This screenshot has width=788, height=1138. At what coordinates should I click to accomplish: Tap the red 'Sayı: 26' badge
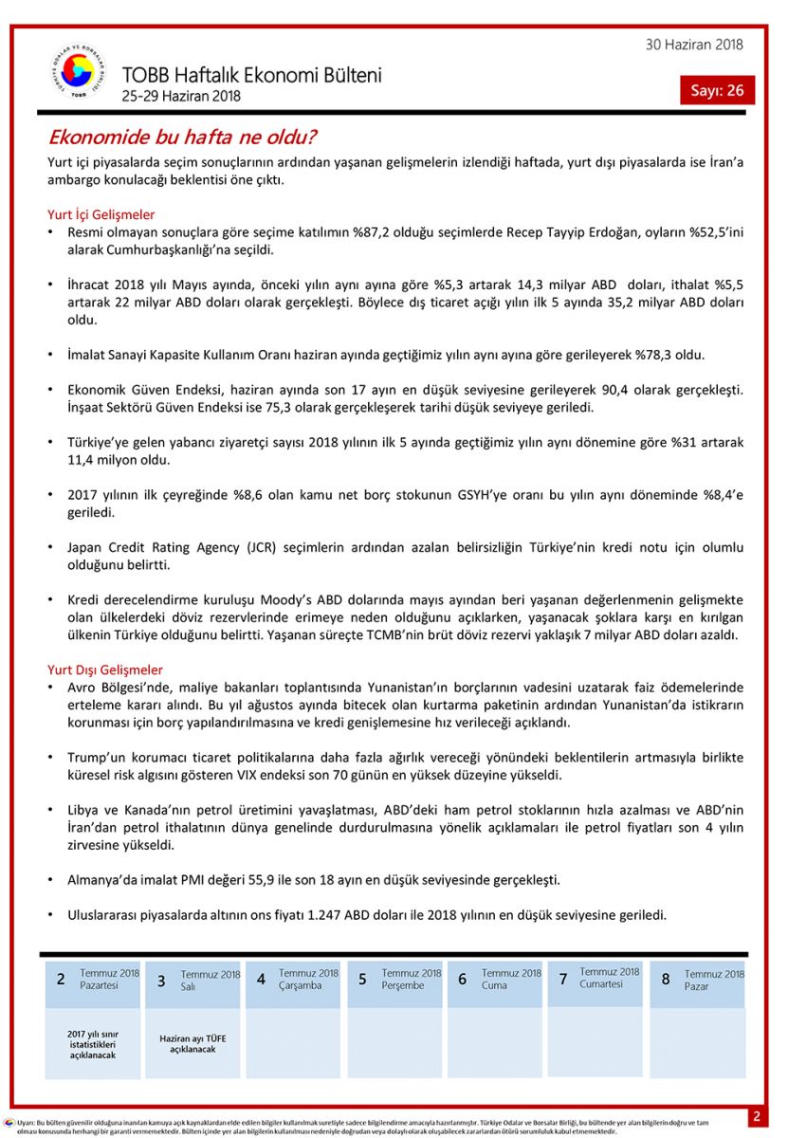pyautogui.click(x=717, y=91)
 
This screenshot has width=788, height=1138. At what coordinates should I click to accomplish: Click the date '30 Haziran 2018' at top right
pyautogui.click(x=694, y=45)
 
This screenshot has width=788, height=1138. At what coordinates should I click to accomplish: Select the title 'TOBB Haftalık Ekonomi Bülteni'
pyautogui.click(x=251, y=75)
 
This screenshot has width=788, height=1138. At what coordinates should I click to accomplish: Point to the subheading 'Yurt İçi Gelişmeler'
pyautogui.click(x=101, y=215)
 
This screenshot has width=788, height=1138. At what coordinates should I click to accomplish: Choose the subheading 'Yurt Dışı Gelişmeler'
pyautogui.click(x=105, y=670)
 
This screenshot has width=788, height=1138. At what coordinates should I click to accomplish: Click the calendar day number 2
pyautogui.click(x=61, y=980)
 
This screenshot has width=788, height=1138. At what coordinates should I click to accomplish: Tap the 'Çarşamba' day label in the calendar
pyautogui.click(x=301, y=985)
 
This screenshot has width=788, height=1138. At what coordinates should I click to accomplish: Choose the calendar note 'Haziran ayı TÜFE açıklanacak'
pyautogui.click(x=193, y=1043)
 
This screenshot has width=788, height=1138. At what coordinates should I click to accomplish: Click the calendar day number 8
pyautogui.click(x=666, y=980)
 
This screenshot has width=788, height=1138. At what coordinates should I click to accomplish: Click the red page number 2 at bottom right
pyautogui.click(x=756, y=1116)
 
